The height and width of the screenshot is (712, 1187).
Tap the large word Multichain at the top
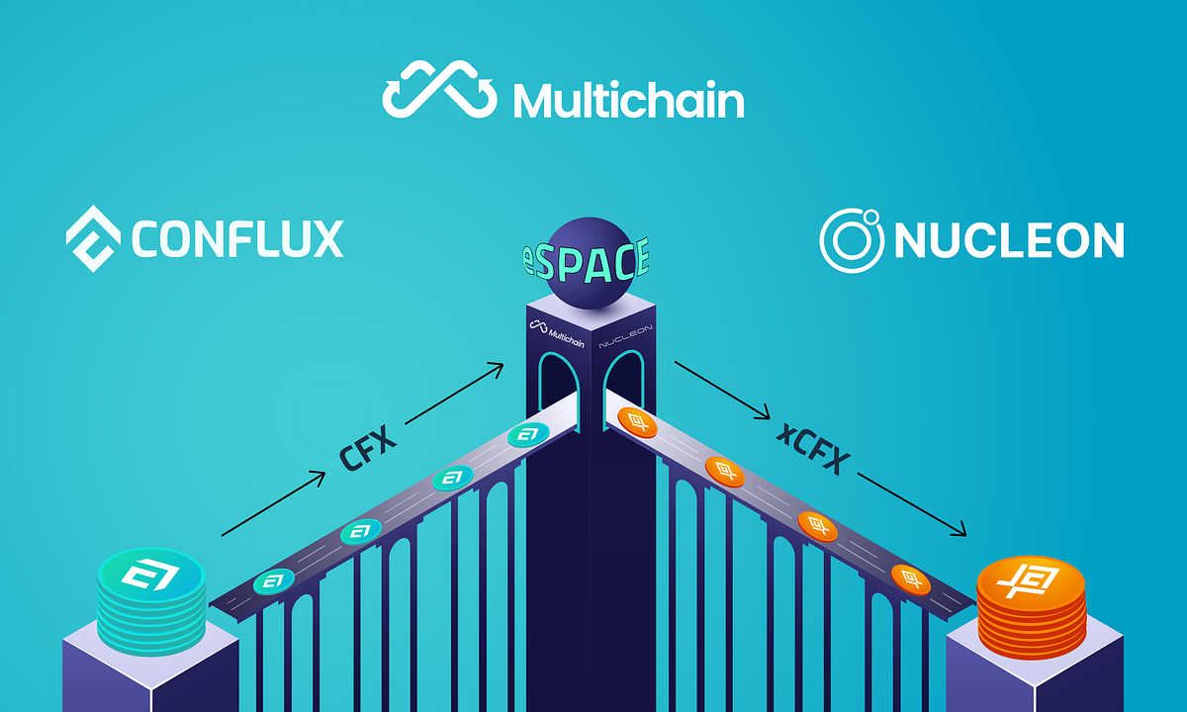point(628,99)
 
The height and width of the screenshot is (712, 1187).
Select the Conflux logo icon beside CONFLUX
point(93,237)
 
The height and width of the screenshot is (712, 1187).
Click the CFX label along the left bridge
point(367,451)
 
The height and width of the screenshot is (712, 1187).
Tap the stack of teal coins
point(151,598)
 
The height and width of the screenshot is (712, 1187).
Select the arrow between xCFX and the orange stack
point(911,504)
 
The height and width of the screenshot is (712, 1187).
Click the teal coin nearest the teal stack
point(275,581)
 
